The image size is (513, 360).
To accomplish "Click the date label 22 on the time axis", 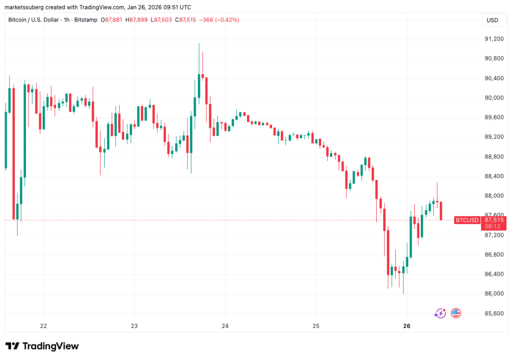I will click(x=44, y=326).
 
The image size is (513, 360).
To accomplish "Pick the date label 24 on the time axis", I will click(x=225, y=326).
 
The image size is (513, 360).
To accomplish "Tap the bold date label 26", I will click(x=407, y=326).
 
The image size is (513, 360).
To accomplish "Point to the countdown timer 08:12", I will click(x=492, y=227).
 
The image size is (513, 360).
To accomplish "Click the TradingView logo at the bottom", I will click(x=42, y=346).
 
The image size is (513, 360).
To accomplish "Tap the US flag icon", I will click(x=456, y=313).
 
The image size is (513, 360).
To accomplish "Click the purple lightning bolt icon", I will click(x=440, y=313).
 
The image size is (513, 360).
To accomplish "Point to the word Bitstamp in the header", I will click(x=86, y=20).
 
